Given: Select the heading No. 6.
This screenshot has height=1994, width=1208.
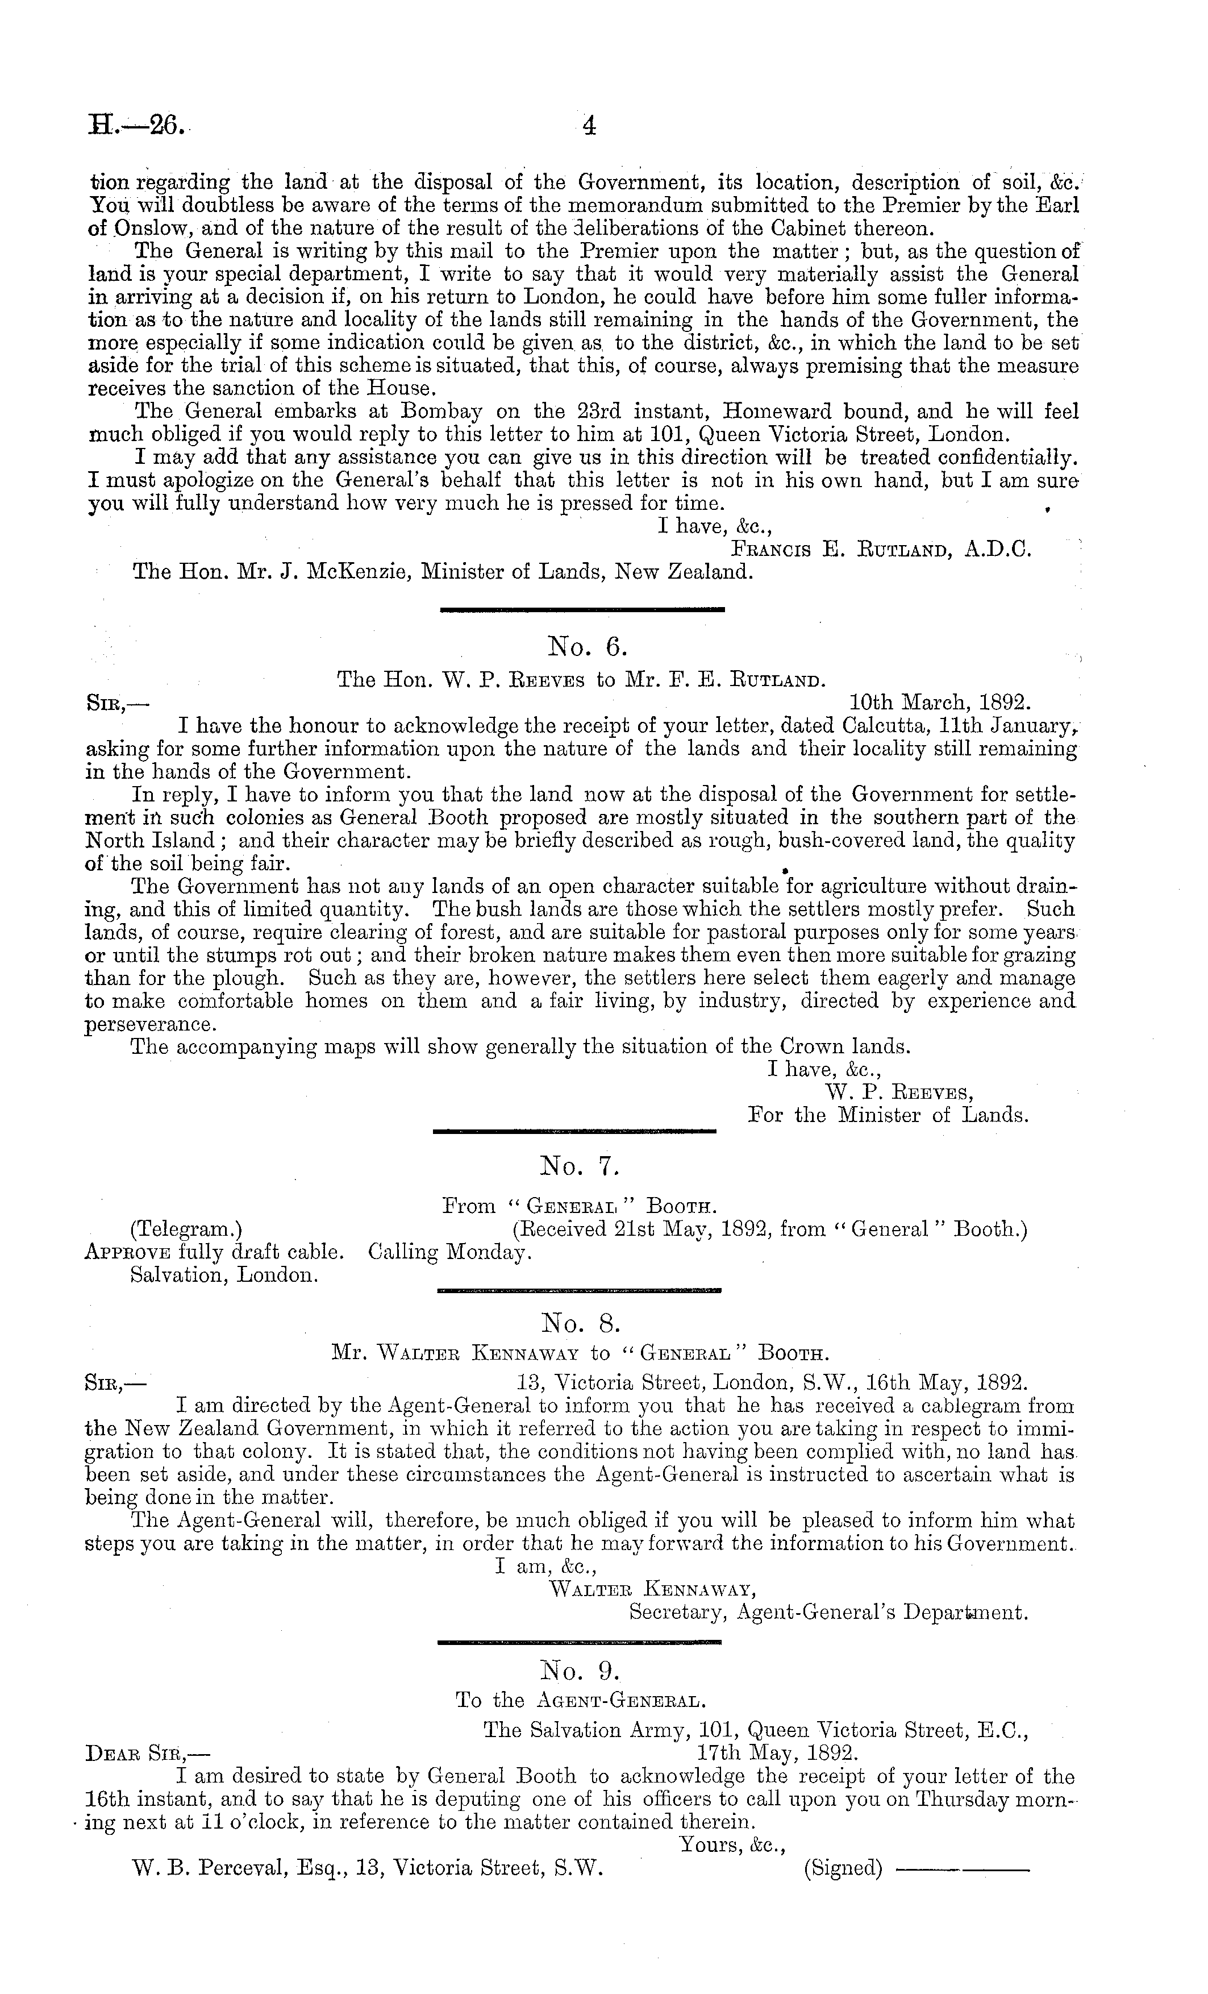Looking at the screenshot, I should pos(588,647).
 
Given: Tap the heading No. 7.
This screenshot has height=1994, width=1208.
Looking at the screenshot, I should pos(580,1166).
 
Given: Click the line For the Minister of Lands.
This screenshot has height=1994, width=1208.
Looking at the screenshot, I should pos(888,1115).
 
